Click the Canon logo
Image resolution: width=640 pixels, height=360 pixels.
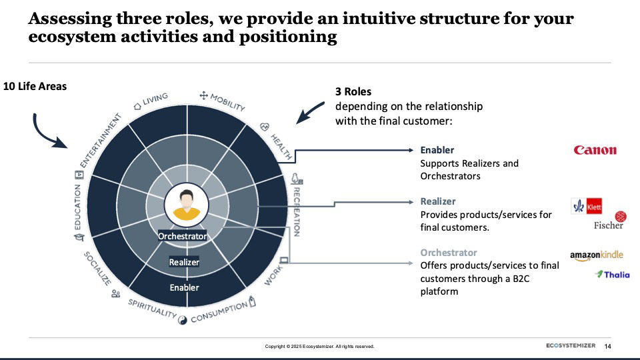point(595,150)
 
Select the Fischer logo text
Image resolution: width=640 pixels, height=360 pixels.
point(608,225)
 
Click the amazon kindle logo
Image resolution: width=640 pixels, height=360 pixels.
point(596,255)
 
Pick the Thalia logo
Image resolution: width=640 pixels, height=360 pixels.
point(612,274)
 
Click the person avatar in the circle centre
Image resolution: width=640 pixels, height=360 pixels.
point(187,205)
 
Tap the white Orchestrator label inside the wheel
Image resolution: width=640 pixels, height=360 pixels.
point(182,236)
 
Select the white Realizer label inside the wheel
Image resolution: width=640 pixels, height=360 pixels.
point(184,262)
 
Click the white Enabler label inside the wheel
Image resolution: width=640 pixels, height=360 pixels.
point(184,287)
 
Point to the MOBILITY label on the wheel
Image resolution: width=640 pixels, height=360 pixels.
point(227,102)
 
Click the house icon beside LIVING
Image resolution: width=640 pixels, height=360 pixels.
point(137,107)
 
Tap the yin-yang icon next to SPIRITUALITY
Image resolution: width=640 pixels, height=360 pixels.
point(183,320)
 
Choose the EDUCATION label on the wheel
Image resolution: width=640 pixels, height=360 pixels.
point(77,207)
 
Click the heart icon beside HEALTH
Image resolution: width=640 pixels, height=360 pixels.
point(265,127)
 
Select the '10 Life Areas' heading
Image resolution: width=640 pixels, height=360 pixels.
point(35,86)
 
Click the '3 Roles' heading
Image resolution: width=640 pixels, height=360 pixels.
point(353,91)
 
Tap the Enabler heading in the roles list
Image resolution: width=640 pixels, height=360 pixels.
point(437,150)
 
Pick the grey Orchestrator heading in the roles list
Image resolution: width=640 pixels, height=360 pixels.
point(449,252)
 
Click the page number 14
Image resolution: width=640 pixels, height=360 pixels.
point(608,346)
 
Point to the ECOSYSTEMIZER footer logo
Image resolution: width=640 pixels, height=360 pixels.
point(571,345)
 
